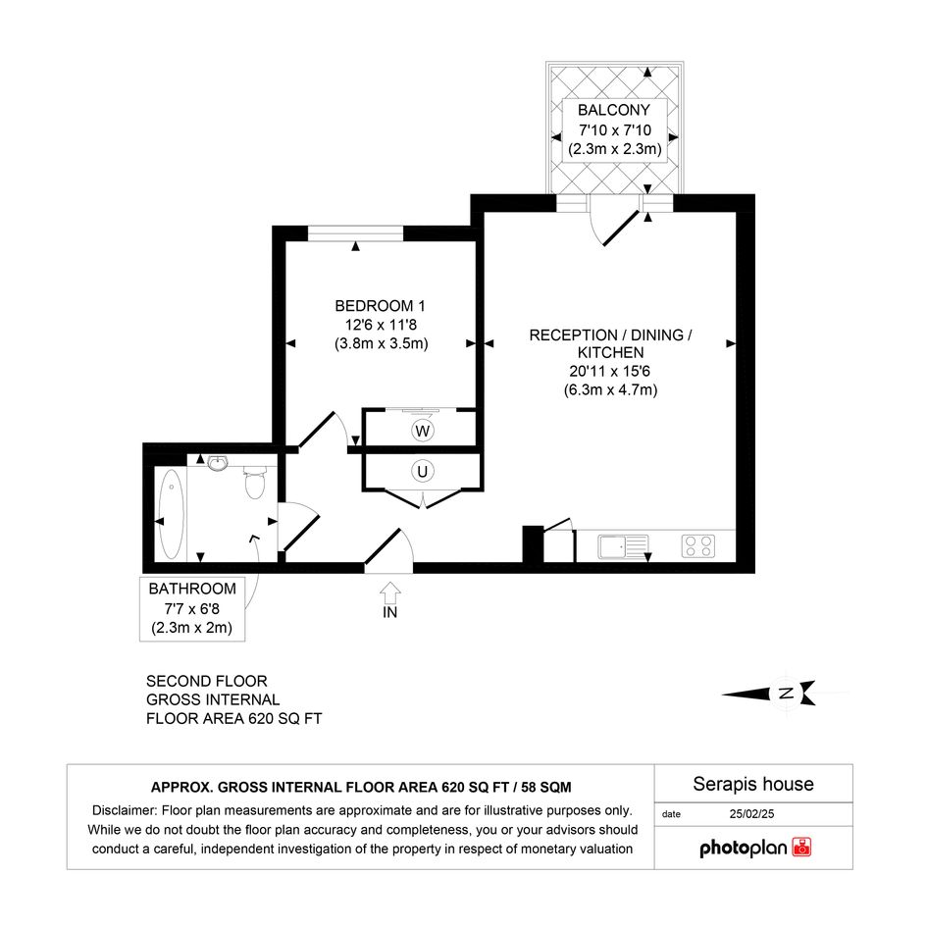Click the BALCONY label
pyautogui.click(x=614, y=110)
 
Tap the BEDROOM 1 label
pyautogui.click(x=381, y=306)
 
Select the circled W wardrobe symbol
pyautogui.click(x=422, y=431)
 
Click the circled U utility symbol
pyautogui.click(x=422, y=471)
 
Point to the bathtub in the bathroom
pyautogui.click(x=172, y=514)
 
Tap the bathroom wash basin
pyautogui.click(x=219, y=462)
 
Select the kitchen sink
pyautogui.click(x=623, y=546)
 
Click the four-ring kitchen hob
pyautogui.click(x=698, y=546)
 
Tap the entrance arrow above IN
pyautogui.click(x=390, y=592)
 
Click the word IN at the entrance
pyautogui.click(x=390, y=612)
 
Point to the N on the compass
pyautogui.click(x=787, y=693)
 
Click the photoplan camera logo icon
pyautogui.click(x=801, y=847)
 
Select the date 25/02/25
pyautogui.click(x=751, y=814)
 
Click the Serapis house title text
pyautogui.click(x=753, y=784)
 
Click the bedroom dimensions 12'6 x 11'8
pyautogui.click(x=381, y=325)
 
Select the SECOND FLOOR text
pyautogui.click(x=207, y=681)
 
